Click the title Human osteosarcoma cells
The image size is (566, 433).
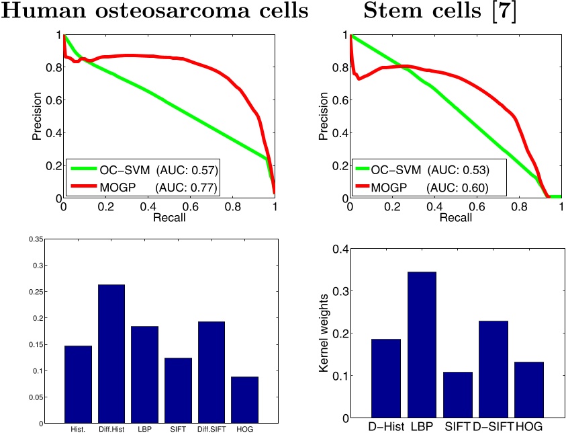click(x=154, y=11)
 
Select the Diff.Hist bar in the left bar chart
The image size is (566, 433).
click(x=111, y=354)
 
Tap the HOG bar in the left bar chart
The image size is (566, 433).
click(x=244, y=399)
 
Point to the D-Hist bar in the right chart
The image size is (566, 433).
click(x=385, y=378)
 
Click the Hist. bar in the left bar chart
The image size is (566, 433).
click(x=78, y=384)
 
